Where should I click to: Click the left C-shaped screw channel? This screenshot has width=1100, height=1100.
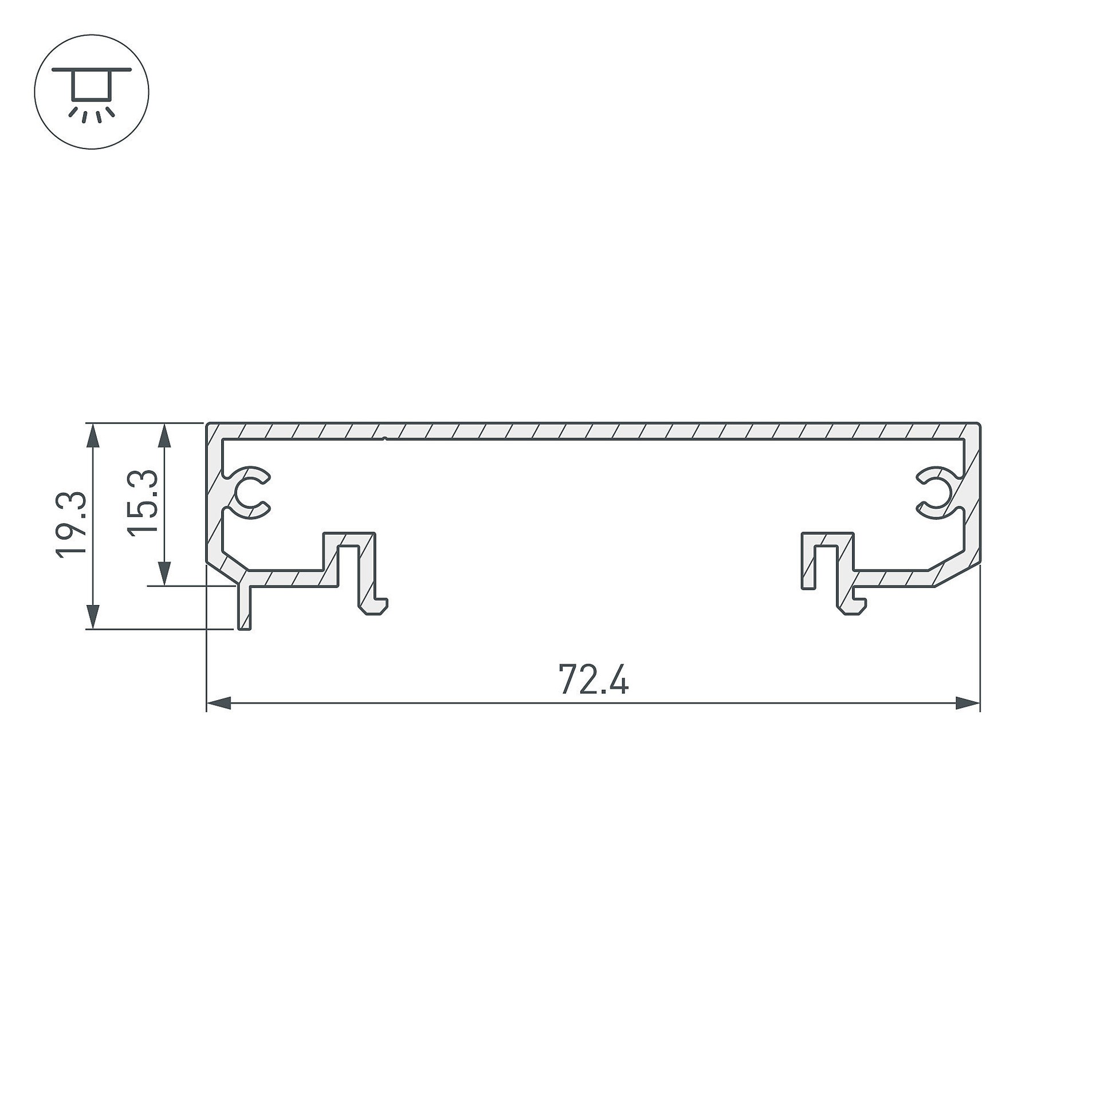click(x=251, y=493)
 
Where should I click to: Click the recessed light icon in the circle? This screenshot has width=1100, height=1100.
click(x=92, y=92)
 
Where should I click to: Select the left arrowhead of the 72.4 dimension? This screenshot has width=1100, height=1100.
click(x=218, y=703)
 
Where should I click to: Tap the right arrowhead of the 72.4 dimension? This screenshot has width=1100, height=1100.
click(x=968, y=703)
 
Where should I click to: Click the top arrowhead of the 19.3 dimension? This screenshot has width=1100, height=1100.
click(x=93, y=435)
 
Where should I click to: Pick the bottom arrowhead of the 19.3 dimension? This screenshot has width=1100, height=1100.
click(x=93, y=617)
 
